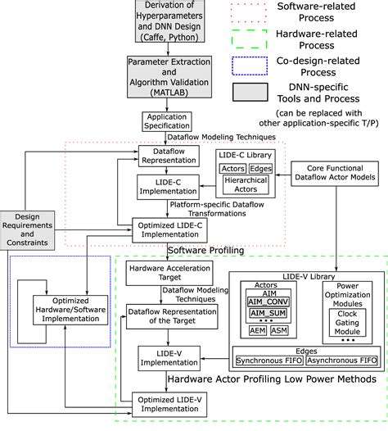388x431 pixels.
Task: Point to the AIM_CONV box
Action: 268,302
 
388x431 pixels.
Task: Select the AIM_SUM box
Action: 268,315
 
